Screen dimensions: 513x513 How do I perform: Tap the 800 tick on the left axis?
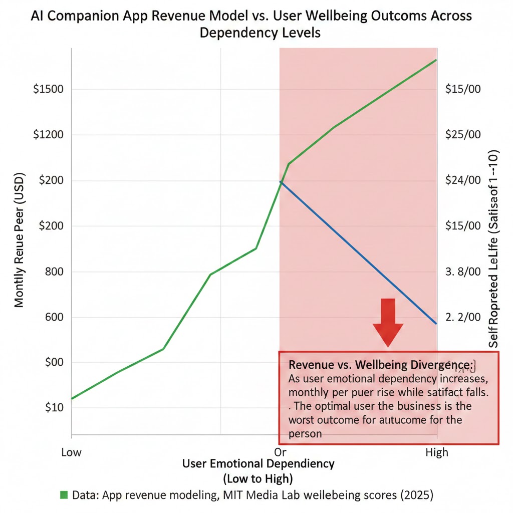(53, 272)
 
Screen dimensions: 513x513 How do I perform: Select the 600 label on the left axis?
(53, 317)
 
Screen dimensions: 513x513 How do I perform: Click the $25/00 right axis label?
(463, 135)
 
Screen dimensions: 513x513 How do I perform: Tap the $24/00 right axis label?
(463, 180)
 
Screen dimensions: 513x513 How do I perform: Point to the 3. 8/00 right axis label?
(463, 272)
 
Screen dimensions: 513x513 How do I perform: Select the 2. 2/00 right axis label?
(463, 317)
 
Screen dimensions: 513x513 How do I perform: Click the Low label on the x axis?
(71, 453)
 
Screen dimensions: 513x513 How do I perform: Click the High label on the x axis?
(437, 453)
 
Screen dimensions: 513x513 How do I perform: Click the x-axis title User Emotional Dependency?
(258, 463)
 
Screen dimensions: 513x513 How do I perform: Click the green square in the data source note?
(64, 495)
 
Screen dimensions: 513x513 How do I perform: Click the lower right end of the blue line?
(436, 323)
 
